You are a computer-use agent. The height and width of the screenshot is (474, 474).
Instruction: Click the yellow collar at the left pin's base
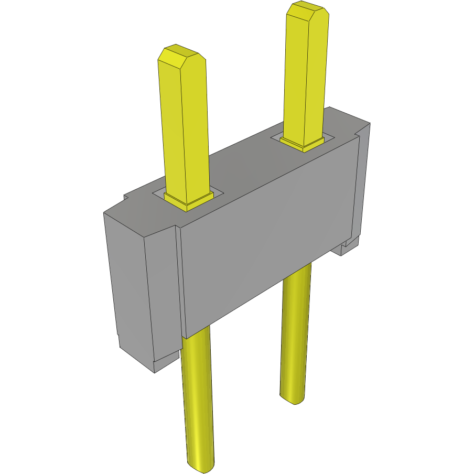[x=189, y=201]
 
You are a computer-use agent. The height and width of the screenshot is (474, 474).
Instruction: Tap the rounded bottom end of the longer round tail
[x=201, y=465]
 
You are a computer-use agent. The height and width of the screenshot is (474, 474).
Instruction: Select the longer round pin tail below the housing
[x=198, y=398]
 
